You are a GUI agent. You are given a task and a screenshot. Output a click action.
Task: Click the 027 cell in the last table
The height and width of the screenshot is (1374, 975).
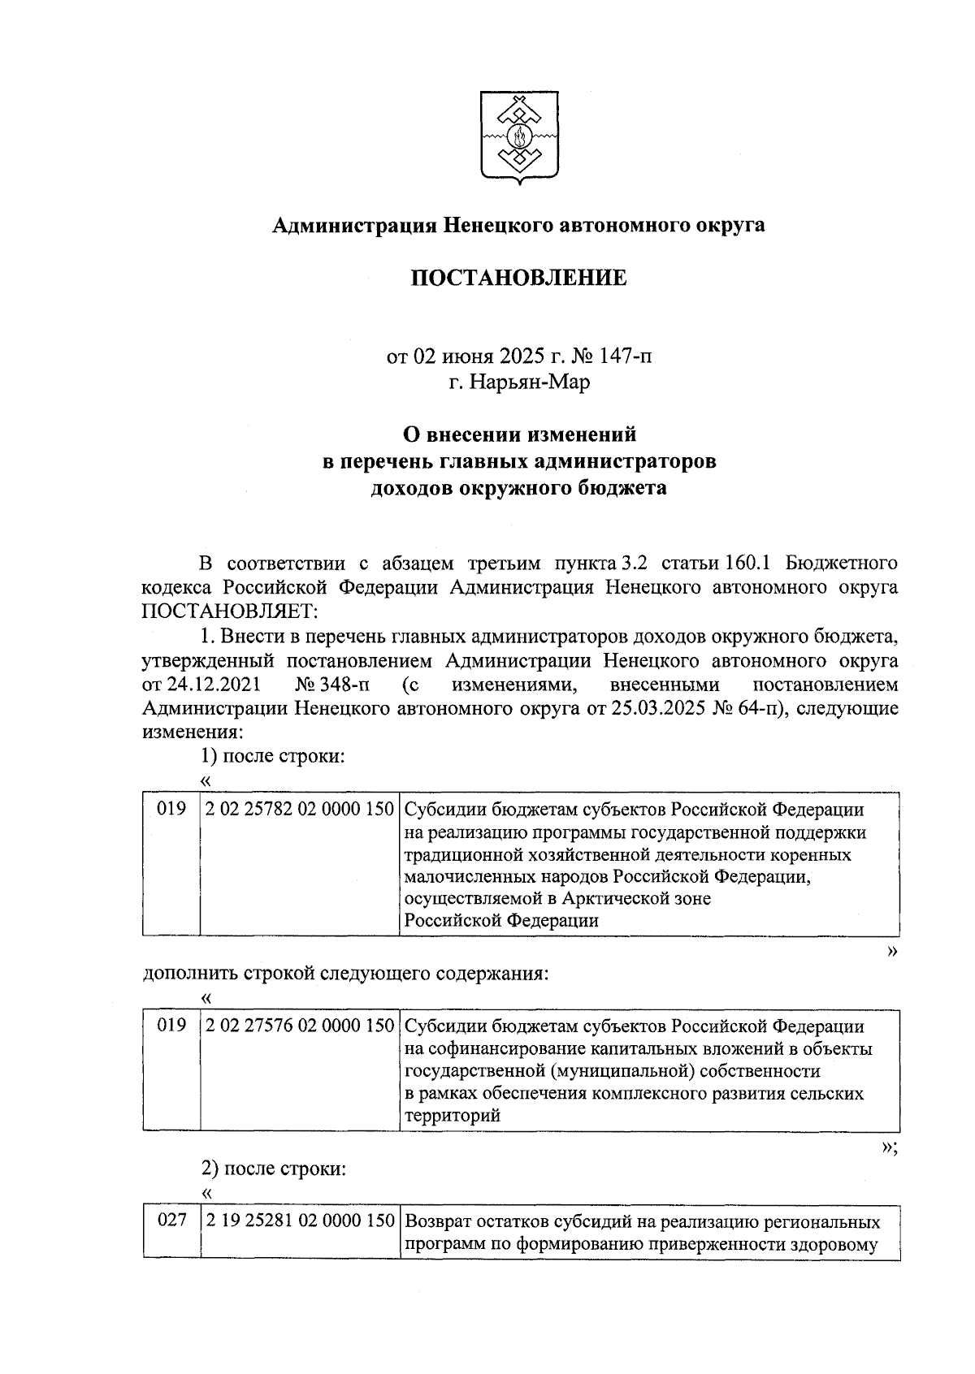(x=171, y=1221)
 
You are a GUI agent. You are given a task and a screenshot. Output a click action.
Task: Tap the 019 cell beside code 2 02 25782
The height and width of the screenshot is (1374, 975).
(x=171, y=810)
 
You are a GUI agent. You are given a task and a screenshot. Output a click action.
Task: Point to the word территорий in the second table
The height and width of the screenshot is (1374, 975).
(x=452, y=1115)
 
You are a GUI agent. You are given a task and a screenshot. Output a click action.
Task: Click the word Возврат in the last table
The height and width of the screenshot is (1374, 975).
(x=440, y=1221)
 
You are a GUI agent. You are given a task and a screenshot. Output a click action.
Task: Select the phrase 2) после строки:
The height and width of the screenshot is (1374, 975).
(x=274, y=1169)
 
